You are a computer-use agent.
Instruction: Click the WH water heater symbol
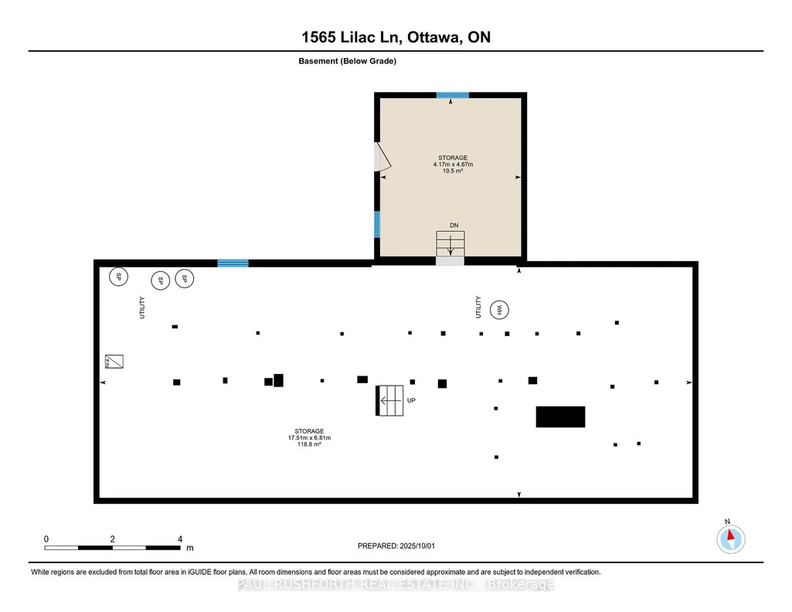(x=499, y=310)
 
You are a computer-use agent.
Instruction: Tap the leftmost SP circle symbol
(x=119, y=276)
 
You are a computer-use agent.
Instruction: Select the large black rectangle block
(x=561, y=416)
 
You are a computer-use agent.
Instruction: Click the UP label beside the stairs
(x=411, y=400)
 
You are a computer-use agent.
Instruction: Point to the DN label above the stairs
(x=454, y=225)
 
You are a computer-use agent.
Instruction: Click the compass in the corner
(x=730, y=539)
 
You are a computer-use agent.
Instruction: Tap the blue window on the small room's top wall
(x=453, y=95)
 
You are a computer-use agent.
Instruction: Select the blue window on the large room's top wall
(x=233, y=263)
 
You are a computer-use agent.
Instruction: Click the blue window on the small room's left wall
(x=377, y=224)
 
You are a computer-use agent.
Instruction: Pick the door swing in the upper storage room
(x=383, y=156)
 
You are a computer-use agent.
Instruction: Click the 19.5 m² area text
(x=453, y=171)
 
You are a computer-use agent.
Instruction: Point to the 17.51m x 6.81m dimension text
(x=309, y=438)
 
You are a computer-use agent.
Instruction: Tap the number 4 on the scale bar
(x=180, y=539)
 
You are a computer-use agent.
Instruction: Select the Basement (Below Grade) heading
(x=347, y=61)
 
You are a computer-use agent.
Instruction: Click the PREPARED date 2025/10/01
(x=417, y=546)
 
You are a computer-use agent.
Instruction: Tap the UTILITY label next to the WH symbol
(x=478, y=307)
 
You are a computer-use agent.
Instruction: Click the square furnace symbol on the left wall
(x=114, y=362)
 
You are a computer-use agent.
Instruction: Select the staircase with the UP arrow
(x=389, y=400)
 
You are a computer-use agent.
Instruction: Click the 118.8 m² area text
(x=309, y=444)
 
